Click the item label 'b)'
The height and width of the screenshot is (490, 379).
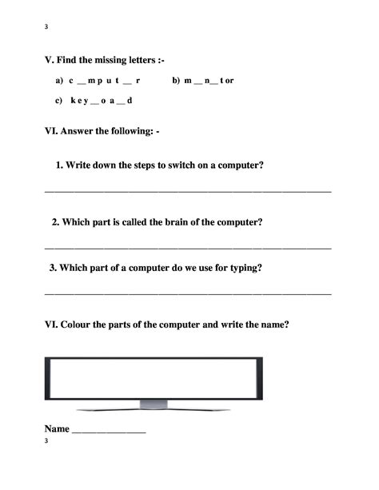click(x=177, y=81)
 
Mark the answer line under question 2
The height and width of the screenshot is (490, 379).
click(x=187, y=248)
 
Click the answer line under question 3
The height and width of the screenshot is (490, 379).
click(x=187, y=295)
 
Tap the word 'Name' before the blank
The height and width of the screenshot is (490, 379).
click(x=57, y=428)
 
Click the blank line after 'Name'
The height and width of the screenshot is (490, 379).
click(x=109, y=432)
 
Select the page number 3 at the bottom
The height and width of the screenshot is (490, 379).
click(x=46, y=441)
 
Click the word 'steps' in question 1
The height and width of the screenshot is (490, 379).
click(x=136, y=165)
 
